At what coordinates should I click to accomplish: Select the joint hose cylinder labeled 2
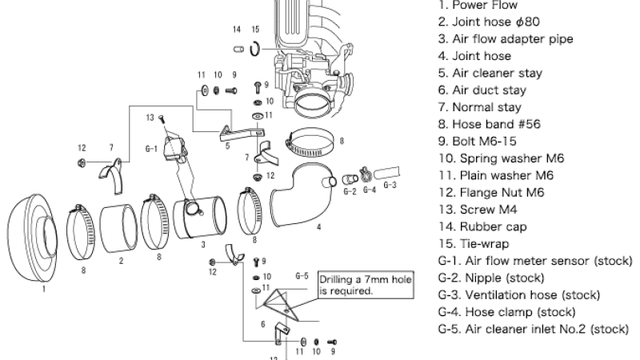pos(118,228)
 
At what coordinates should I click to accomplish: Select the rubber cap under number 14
pos(237,50)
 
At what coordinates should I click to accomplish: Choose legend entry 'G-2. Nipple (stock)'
pos(493,278)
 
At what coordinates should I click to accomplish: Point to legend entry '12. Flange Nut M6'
pos(488,192)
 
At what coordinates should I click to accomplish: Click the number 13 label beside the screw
pos(150,118)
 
